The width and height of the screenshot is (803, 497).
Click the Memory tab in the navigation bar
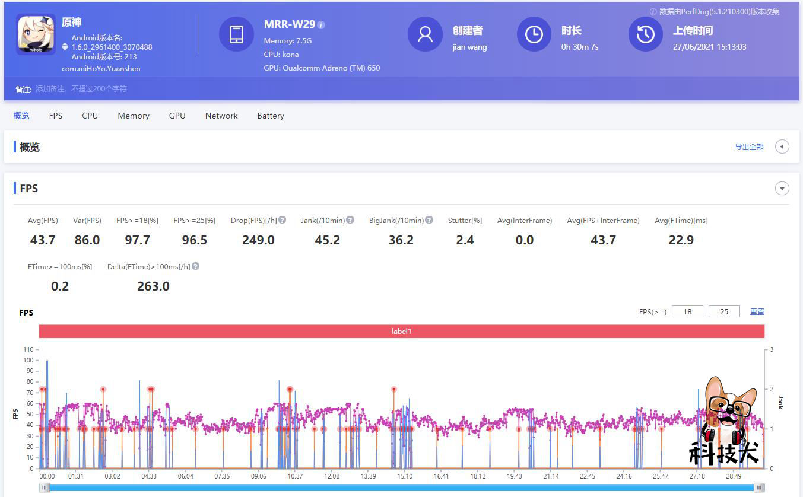pyautogui.click(x=133, y=116)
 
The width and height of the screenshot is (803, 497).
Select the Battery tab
pyautogui.click(x=270, y=116)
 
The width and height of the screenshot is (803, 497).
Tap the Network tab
pyautogui.click(x=221, y=116)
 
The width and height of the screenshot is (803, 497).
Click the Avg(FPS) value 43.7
pyautogui.click(x=43, y=240)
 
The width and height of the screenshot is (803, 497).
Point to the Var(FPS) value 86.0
pyautogui.click(x=87, y=240)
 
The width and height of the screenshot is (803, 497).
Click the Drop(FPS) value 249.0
pyautogui.click(x=258, y=240)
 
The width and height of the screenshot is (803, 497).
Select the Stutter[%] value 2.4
pyautogui.click(x=465, y=240)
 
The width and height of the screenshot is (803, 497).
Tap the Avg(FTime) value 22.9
pyautogui.click(x=681, y=240)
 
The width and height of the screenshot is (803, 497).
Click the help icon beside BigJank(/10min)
pyautogui.click(x=429, y=220)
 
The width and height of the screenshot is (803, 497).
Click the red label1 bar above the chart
pyautogui.click(x=401, y=332)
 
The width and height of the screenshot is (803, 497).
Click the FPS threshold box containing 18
pyautogui.click(x=687, y=311)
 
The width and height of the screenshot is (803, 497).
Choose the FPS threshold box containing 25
pyautogui.click(x=724, y=311)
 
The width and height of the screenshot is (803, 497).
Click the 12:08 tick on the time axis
pyautogui.click(x=332, y=476)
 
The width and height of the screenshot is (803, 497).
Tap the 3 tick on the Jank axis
pyautogui.click(x=771, y=350)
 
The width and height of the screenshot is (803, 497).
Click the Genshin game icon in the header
pyautogui.click(x=36, y=34)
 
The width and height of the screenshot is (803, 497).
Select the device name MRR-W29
pyautogui.click(x=290, y=25)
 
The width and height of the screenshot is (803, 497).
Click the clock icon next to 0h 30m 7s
pyautogui.click(x=534, y=34)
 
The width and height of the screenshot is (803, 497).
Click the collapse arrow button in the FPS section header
pyautogui.click(x=782, y=189)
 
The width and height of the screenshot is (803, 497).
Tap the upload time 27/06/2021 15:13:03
pyautogui.click(x=709, y=47)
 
